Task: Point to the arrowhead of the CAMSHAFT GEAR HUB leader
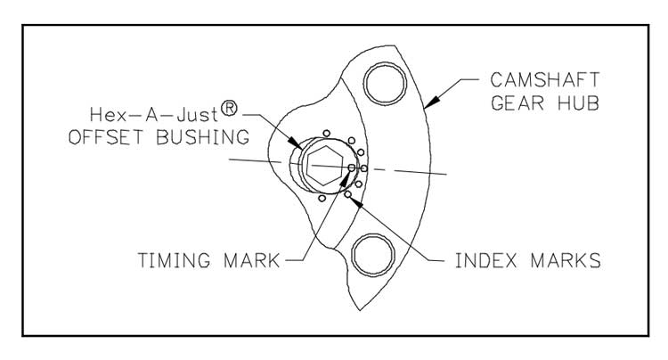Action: (x=427, y=105)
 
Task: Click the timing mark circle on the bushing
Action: (x=352, y=167)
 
